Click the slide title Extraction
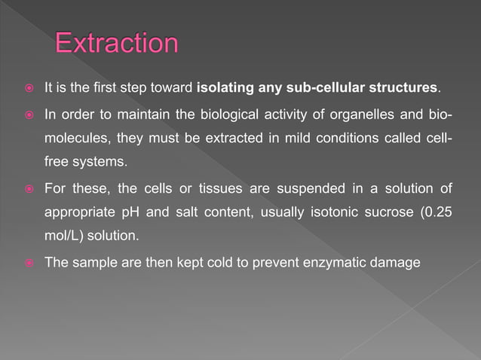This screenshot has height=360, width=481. tap(117, 43)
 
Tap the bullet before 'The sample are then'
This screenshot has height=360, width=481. tap(24, 262)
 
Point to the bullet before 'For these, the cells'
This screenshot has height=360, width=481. tap(24, 188)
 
